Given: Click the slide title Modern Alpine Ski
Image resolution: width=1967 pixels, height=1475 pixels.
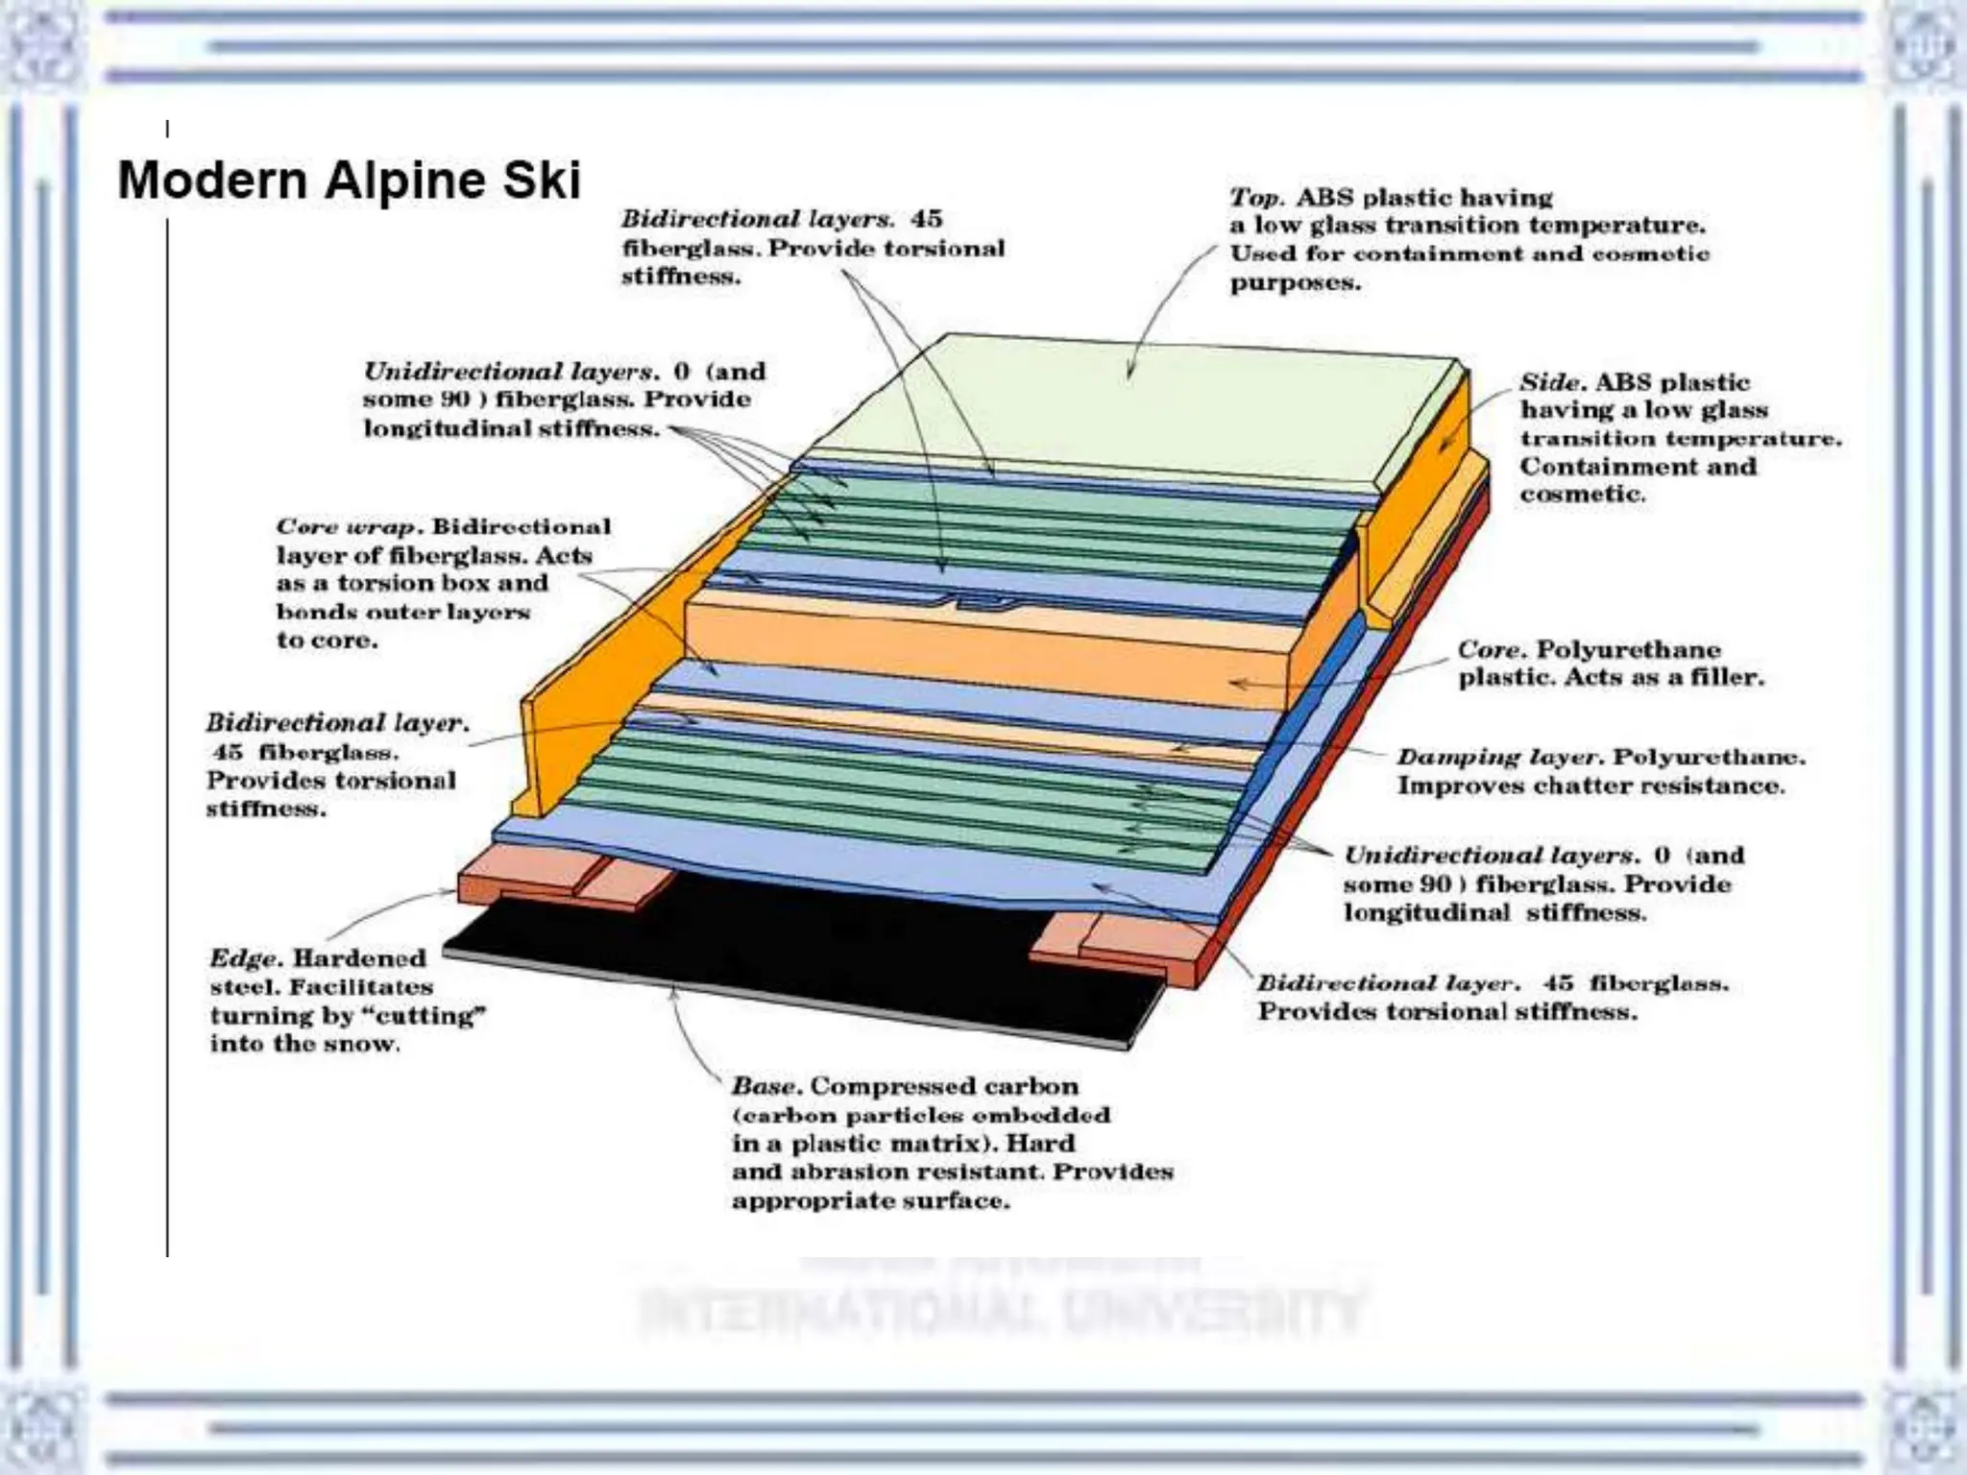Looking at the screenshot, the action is (349, 181).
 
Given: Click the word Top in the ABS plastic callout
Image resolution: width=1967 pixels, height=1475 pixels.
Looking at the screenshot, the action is (1255, 198).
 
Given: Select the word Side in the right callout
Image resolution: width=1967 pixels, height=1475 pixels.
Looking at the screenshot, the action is (1549, 382).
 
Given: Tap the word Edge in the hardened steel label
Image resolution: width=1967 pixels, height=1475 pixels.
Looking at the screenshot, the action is (244, 958).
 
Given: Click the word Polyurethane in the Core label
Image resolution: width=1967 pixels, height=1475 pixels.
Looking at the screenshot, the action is (1628, 650).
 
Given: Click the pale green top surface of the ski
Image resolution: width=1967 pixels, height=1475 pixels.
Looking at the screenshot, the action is (1133, 403).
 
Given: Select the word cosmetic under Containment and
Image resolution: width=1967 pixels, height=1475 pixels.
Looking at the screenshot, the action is (1581, 495).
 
